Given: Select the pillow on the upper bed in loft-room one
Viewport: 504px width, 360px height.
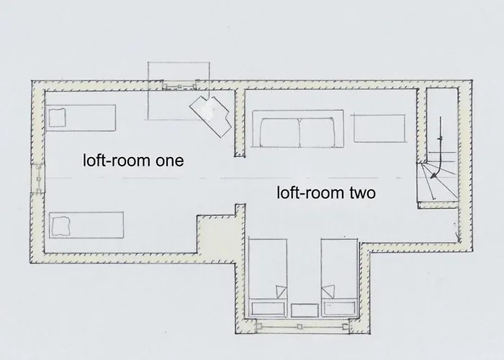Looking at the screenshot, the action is pyautogui.click(x=57, y=117).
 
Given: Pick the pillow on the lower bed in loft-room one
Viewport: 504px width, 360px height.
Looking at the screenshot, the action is pyautogui.click(x=60, y=225).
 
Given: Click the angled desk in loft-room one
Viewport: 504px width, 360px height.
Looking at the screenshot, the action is pyautogui.click(x=210, y=116).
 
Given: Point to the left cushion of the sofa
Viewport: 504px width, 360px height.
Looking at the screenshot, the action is pyautogui.click(x=279, y=132).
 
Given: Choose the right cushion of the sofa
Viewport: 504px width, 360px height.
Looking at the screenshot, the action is pyautogui.click(x=317, y=132).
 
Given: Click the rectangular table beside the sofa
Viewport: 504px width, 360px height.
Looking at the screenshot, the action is pyautogui.click(x=379, y=128).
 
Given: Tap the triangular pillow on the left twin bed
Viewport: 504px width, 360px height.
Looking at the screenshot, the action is pyautogui.click(x=281, y=292).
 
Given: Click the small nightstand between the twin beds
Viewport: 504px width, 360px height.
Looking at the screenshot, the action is pyautogui.click(x=305, y=311).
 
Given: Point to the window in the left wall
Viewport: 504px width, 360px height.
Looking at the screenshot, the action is pyautogui.click(x=39, y=178).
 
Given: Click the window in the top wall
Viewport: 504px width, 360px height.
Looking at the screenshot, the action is pyautogui.click(x=179, y=86).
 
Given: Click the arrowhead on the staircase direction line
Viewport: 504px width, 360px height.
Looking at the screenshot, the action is pyautogui.click(x=434, y=175).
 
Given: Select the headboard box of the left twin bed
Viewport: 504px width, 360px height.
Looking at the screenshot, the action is pyautogui.click(x=269, y=309).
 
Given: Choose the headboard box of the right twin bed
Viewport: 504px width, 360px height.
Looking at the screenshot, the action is pyautogui.click(x=340, y=309).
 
